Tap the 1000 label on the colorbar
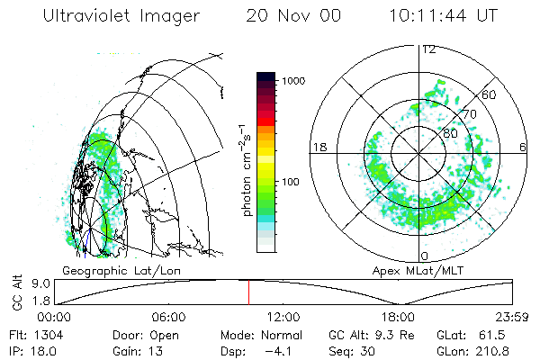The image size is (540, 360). (x=295, y=81)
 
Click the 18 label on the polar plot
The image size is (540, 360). (x=318, y=148)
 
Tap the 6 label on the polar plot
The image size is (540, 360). (x=523, y=148)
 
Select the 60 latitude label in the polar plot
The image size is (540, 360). (x=490, y=94)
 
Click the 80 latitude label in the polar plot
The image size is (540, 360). (x=449, y=132)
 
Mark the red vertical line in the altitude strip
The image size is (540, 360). (x=249, y=292)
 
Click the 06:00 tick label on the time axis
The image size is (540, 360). (x=169, y=317)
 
